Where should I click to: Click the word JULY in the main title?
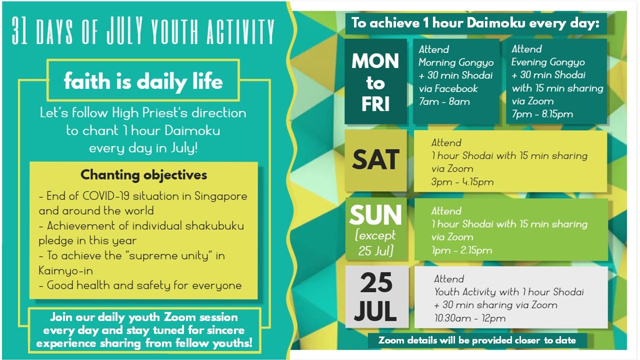125,30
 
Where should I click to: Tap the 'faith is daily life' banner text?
143,81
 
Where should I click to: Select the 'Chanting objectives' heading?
143,175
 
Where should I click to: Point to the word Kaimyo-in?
65,270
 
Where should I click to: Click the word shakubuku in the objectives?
214,225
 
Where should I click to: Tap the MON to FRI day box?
375,81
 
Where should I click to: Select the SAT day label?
375,159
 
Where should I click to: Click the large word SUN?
375,215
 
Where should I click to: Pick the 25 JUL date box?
376,296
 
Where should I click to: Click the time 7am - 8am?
444,101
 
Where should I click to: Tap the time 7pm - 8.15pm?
542,114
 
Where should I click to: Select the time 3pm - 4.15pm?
462,181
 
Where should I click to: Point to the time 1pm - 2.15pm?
461,250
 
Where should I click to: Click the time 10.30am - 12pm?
470,318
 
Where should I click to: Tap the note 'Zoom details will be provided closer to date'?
477,340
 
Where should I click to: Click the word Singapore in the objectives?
221,196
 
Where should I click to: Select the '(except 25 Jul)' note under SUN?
375,243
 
